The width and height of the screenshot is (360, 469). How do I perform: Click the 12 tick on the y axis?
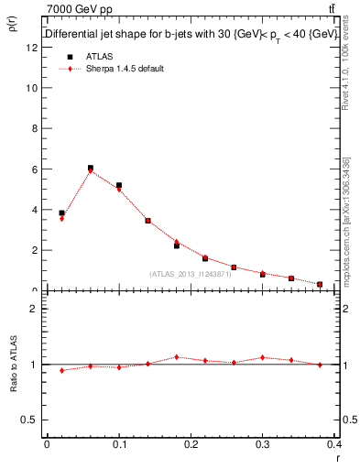coord(33,48)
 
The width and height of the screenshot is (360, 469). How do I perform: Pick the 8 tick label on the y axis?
coord(33,128)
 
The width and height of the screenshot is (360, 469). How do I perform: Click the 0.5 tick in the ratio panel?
coord(31,420)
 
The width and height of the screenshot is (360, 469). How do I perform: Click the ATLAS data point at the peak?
coord(90,168)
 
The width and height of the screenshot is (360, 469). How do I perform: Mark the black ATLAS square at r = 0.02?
coord(61,213)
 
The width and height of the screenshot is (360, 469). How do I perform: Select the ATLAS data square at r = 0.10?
coord(119,185)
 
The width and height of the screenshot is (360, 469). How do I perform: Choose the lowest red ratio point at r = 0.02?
coord(61,370)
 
